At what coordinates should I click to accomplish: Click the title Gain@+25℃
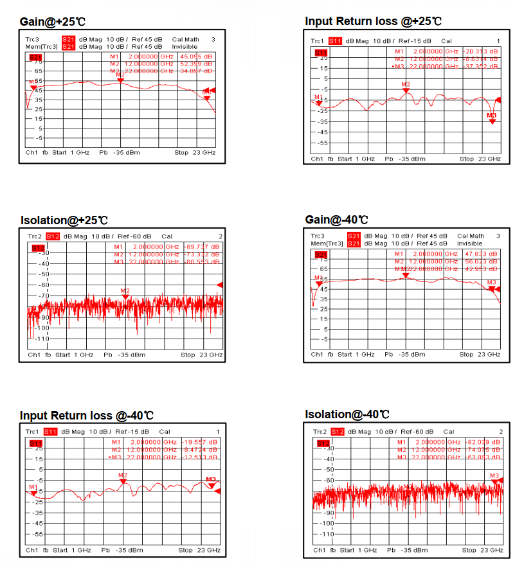tap(52, 21)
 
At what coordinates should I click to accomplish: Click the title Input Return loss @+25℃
tap(373, 21)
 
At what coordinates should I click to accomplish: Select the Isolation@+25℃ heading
tap(64, 220)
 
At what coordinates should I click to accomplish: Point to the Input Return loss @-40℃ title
tap(86, 415)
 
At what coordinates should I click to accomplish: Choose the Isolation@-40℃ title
tap(347, 414)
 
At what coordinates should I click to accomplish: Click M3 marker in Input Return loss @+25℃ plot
tap(492, 121)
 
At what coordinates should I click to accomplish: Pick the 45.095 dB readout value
tap(197, 57)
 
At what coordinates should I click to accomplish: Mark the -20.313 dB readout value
tap(482, 51)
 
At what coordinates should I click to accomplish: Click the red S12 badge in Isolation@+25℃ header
tap(53, 236)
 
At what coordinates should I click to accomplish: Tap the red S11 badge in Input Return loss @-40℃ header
tap(51, 431)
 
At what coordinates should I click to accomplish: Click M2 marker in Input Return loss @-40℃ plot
tap(123, 480)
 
